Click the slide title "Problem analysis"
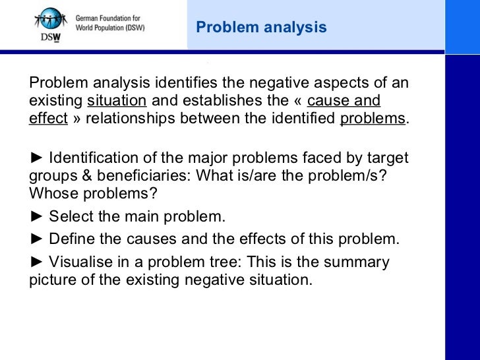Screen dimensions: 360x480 [x=261, y=27]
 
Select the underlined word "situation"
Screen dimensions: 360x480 [x=117, y=102]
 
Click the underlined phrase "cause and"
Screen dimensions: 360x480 [x=344, y=102]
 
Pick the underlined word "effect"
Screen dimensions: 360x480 [x=48, y=119]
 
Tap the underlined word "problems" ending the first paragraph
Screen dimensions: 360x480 [x=373, y=119]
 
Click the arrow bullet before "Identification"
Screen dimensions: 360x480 [x=37, y=160]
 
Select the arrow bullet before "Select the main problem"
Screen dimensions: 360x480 [x=37, y=217]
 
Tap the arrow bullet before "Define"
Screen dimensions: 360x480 [x=37, y=239]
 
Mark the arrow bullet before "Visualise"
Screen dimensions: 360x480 [x=37, y=262]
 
